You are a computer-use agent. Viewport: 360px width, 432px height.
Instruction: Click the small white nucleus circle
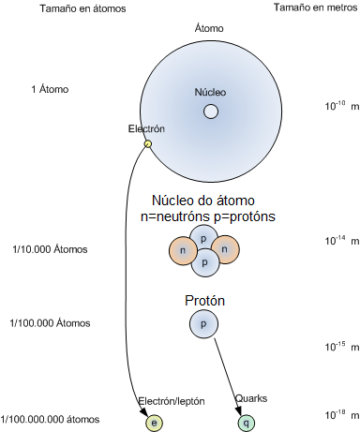[211, 112]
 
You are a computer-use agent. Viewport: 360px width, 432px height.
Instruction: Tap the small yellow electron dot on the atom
[147, 143]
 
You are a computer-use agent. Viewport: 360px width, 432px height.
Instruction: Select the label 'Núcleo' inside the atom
[210, 93]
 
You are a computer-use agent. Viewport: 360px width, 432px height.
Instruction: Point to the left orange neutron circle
[182, 251]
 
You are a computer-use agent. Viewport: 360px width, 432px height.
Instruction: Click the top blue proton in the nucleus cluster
[203, 238]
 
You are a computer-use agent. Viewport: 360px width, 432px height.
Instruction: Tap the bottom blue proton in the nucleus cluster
[203, 264]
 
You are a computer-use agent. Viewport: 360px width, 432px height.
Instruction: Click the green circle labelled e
[154, 423]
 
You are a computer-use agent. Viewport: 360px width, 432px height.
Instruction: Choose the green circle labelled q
[247, 423]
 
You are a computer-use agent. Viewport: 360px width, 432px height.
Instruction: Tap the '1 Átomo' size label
[50, 90]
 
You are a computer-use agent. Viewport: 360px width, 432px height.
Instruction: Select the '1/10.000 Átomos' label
[50, 249]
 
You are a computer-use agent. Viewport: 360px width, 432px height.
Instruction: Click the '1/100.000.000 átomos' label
[52, 418]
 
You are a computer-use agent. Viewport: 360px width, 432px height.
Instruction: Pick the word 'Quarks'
[251, 398]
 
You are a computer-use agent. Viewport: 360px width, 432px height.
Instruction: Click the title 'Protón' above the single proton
[203, 302]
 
